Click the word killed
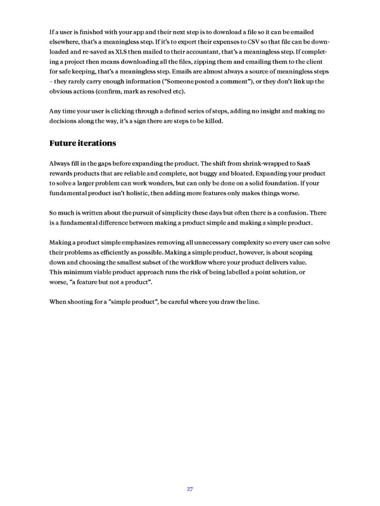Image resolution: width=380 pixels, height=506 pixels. [212, 122]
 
